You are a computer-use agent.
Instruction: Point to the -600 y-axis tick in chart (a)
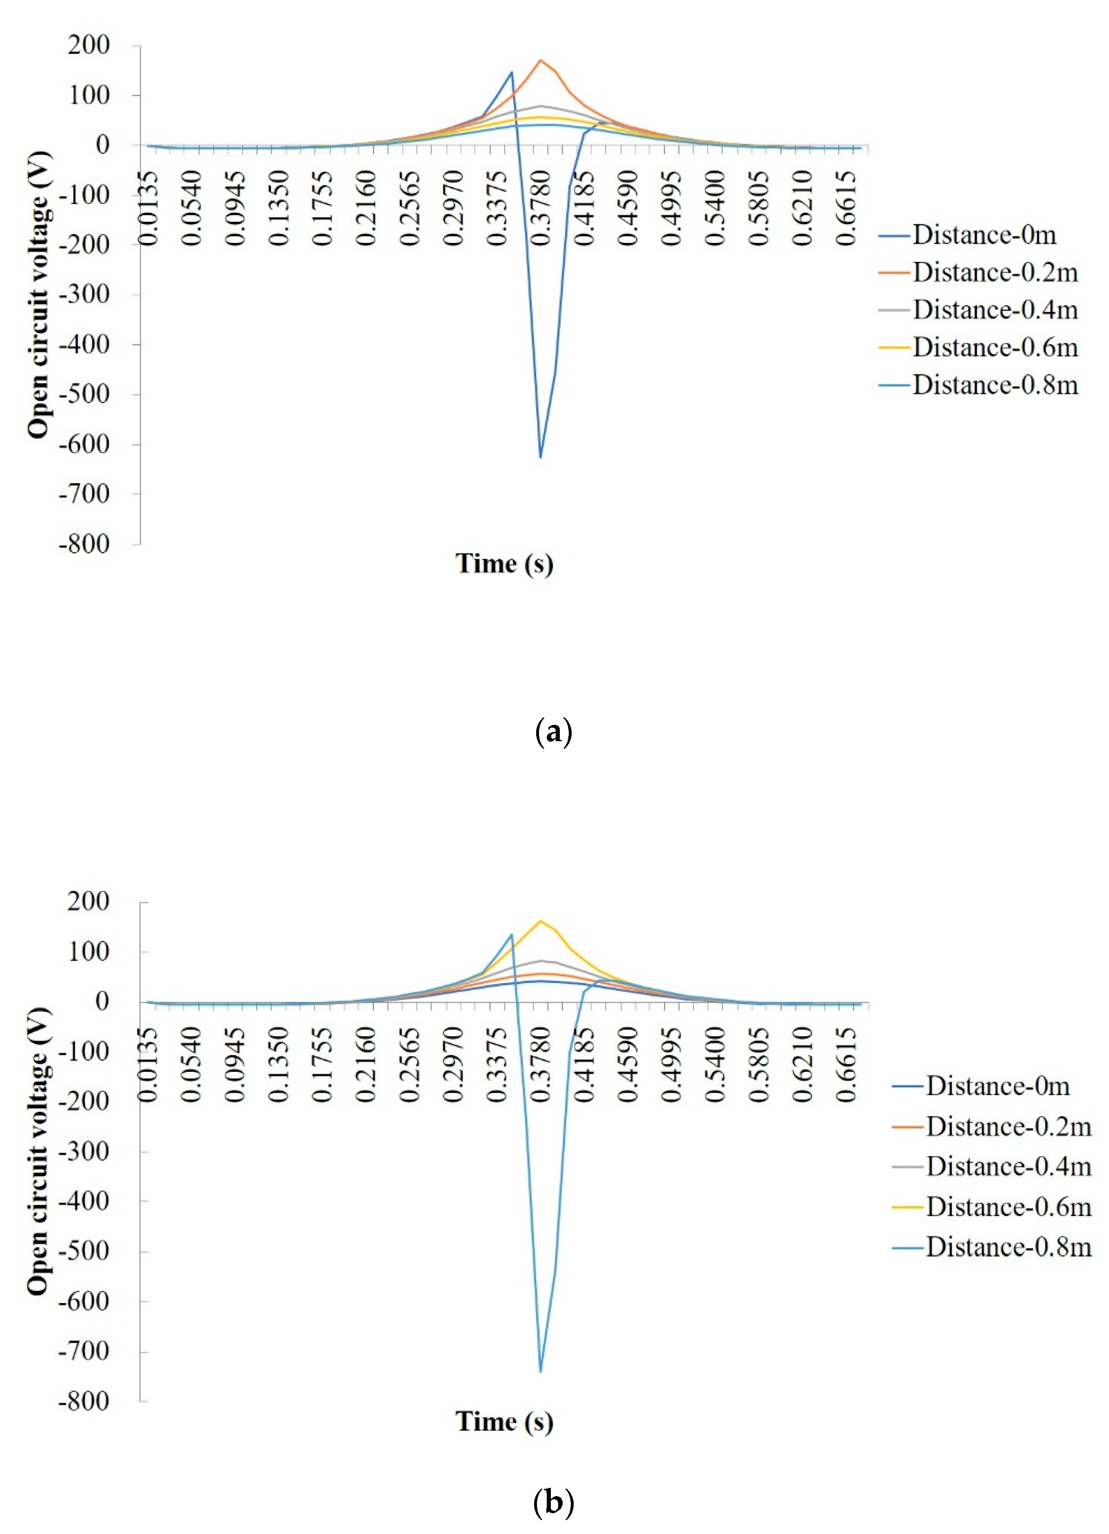[84, 444]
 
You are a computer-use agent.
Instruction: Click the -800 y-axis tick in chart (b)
[84, 1401]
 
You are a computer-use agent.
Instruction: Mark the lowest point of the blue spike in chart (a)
[540, 457]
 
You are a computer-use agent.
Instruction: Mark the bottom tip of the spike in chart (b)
[540, 1371]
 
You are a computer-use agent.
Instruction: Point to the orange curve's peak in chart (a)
[540, 60]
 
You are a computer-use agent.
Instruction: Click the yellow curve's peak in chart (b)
[540, 921]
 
